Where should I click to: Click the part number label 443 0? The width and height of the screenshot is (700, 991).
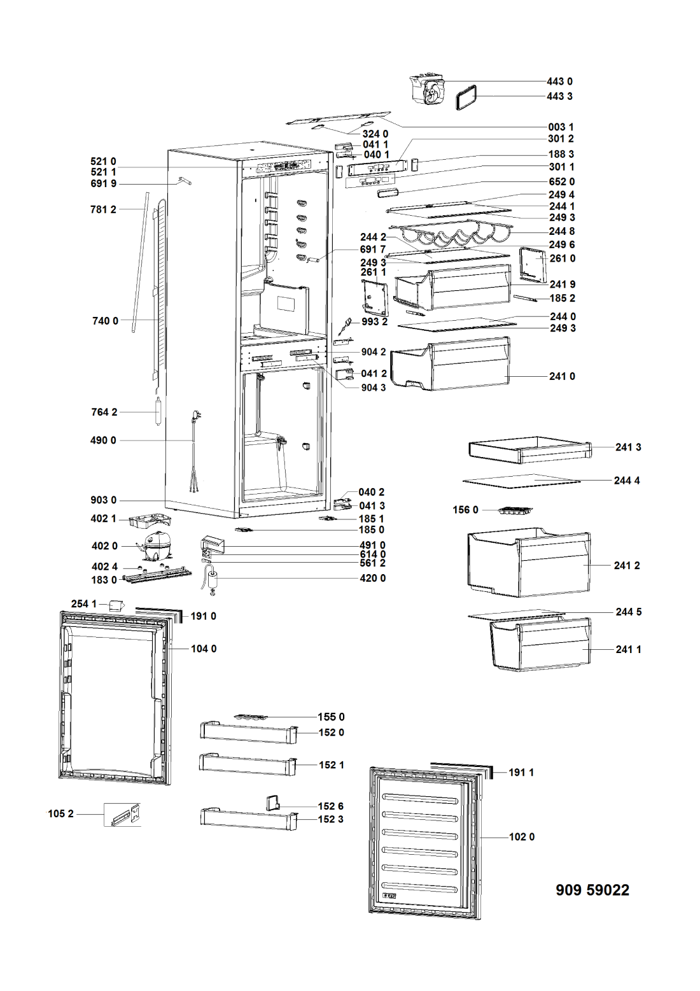coord(559,81)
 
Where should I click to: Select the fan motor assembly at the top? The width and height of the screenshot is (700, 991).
coord(428,90)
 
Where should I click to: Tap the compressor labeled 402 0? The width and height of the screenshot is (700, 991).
coord(154,543)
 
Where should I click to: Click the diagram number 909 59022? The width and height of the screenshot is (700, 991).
coord(592,890)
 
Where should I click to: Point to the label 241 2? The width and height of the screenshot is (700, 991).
coord(627,565)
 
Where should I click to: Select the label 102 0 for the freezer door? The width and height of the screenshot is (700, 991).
coord(522,836)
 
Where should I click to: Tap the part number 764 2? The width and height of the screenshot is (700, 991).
coord(104,412)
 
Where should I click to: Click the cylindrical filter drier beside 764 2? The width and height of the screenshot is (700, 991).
coord(158,412)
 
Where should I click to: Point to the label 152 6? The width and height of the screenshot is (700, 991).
coord(331,806)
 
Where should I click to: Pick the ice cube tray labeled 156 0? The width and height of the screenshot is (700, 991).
coord(515,511)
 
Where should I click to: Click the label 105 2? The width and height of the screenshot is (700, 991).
coord(60,813)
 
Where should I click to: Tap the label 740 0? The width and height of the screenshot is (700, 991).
coord(105,321)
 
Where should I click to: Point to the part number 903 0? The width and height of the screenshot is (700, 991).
coord(103,500)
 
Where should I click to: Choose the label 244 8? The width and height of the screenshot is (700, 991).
coord(562,232)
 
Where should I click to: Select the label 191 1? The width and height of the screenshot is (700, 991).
coord(521,772)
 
